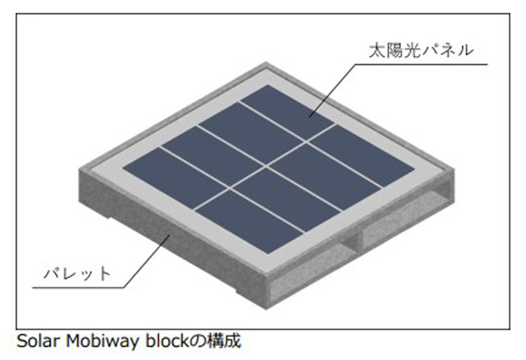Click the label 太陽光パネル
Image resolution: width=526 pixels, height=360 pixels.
coord(421,50)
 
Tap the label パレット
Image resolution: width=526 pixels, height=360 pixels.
coord(77,274)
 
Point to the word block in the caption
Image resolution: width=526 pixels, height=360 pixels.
coord(168,341)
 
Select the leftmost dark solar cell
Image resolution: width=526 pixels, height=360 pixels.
coord(174,172)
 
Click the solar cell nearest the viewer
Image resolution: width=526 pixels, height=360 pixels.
coord(248,221)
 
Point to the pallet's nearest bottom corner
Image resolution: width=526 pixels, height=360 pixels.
coord(266,309)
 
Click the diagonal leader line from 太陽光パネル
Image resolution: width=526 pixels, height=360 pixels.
coord(332,90)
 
